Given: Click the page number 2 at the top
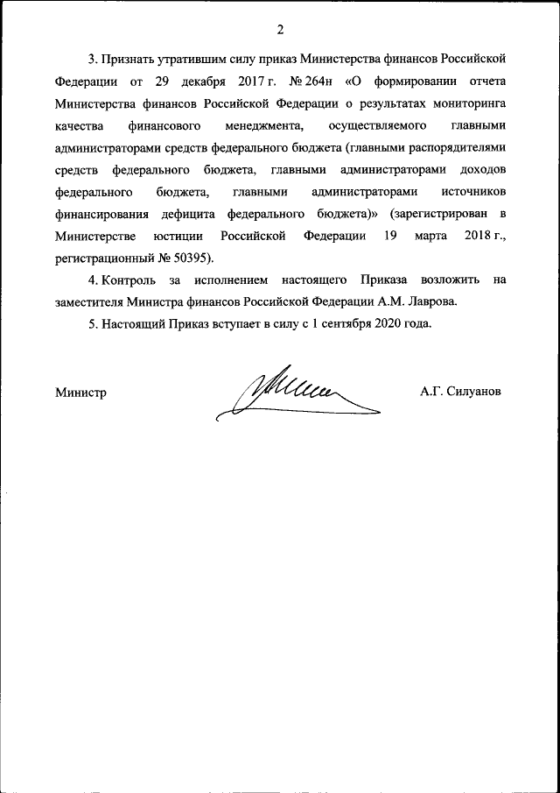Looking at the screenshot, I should pos(280,31).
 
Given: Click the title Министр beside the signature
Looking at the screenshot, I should pos(80,393).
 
